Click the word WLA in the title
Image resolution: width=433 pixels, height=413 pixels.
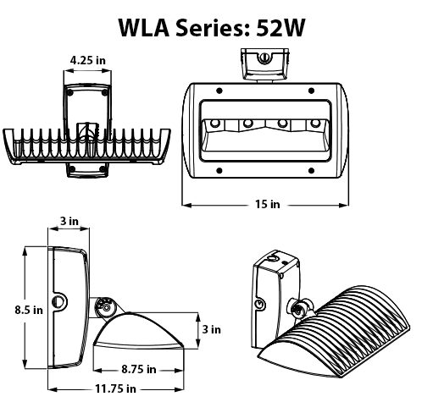(x=145, y=27)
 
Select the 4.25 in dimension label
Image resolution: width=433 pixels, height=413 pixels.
(x=88, y=61)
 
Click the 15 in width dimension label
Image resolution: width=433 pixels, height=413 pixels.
(x=266, y=204)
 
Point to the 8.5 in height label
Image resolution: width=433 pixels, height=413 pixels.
(x=28, y=310)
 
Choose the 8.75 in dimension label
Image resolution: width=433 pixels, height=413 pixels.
(x=138, y=370)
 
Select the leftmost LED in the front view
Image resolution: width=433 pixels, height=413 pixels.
(x=214, y=124)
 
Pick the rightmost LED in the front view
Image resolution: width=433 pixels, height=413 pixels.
(x=316, y=124)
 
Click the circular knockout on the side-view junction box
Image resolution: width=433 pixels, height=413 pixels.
(x=60, y=300)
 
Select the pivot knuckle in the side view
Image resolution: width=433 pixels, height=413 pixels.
(x=105, y=306)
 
